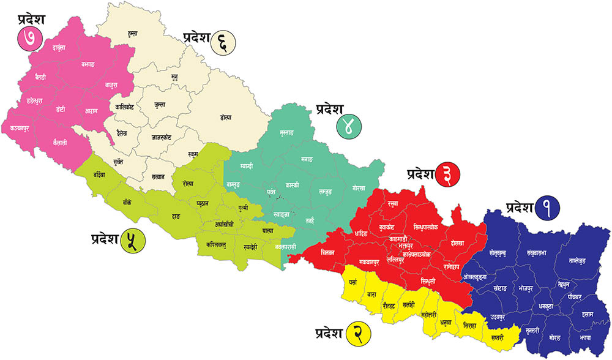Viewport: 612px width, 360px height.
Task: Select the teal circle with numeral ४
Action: (x=348, y=126)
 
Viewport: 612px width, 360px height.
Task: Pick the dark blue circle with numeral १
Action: (x=545, y=211)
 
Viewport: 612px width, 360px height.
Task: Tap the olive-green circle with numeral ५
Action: (x=132, y=240)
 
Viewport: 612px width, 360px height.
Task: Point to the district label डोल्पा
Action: (x=226, y=117)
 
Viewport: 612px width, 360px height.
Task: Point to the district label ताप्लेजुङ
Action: (x=577, y=260)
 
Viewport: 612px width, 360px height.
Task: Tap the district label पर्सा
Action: (x=353, y=283)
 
